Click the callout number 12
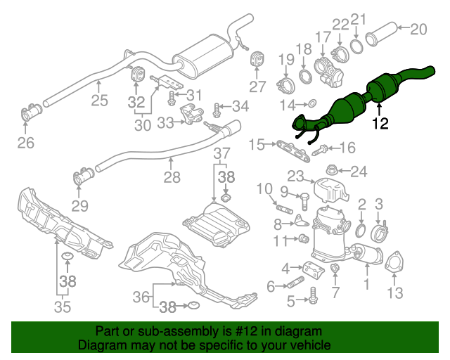(380, 124)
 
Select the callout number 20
(418, 30)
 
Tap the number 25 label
(99, 101)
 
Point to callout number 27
(258, 87)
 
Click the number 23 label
(295, 176)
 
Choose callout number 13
(396, 291)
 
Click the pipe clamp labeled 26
(32, 112)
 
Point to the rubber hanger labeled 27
(258, 59)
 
